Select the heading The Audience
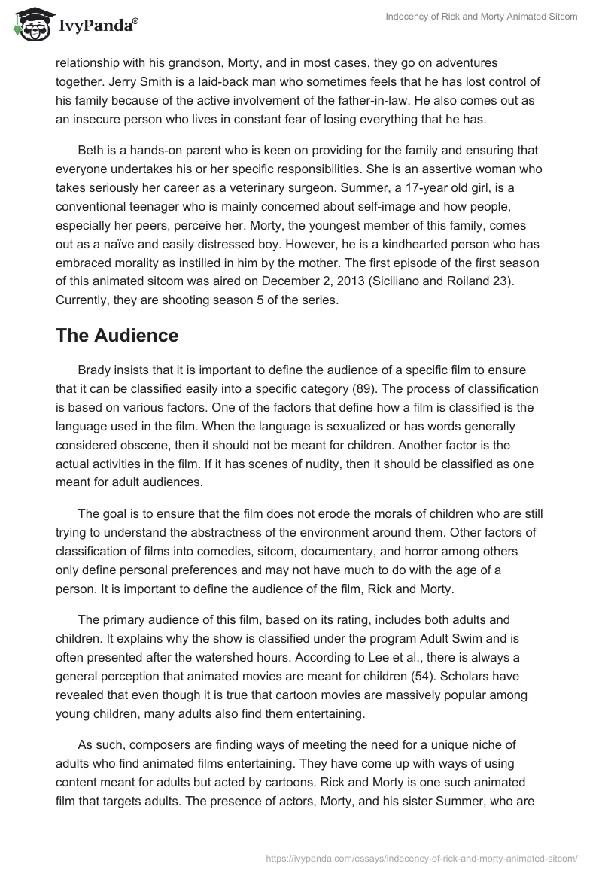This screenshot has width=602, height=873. pyautogui.click(x=117, y=336)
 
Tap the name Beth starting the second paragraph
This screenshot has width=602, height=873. pyautogui.click(x=91, y=151)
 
